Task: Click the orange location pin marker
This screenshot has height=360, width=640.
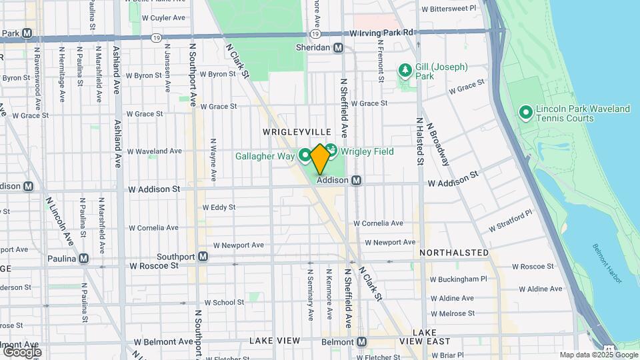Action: [320, 159]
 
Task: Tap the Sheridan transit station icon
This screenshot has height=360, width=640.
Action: [339, 48]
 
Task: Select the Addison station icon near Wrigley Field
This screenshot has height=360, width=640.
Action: [357, 180]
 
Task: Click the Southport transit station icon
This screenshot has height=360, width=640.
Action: [203, 256]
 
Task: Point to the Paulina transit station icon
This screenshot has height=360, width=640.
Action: [83, 258]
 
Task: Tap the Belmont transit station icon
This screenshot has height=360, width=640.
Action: [361, 341]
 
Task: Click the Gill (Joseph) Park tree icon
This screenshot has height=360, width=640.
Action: [404, 70]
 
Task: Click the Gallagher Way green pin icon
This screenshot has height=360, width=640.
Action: [305, 155]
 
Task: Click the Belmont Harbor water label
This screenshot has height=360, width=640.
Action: [607, 263]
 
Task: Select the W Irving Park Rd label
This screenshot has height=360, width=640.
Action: [382, 33]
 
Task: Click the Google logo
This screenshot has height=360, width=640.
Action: [21, 351]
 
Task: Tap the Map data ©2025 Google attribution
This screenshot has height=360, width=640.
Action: [598, 355]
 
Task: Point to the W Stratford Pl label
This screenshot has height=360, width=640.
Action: [512, 221]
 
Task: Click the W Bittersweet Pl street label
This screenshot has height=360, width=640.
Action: [449, 9]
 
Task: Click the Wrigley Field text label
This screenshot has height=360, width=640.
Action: [367, 151]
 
